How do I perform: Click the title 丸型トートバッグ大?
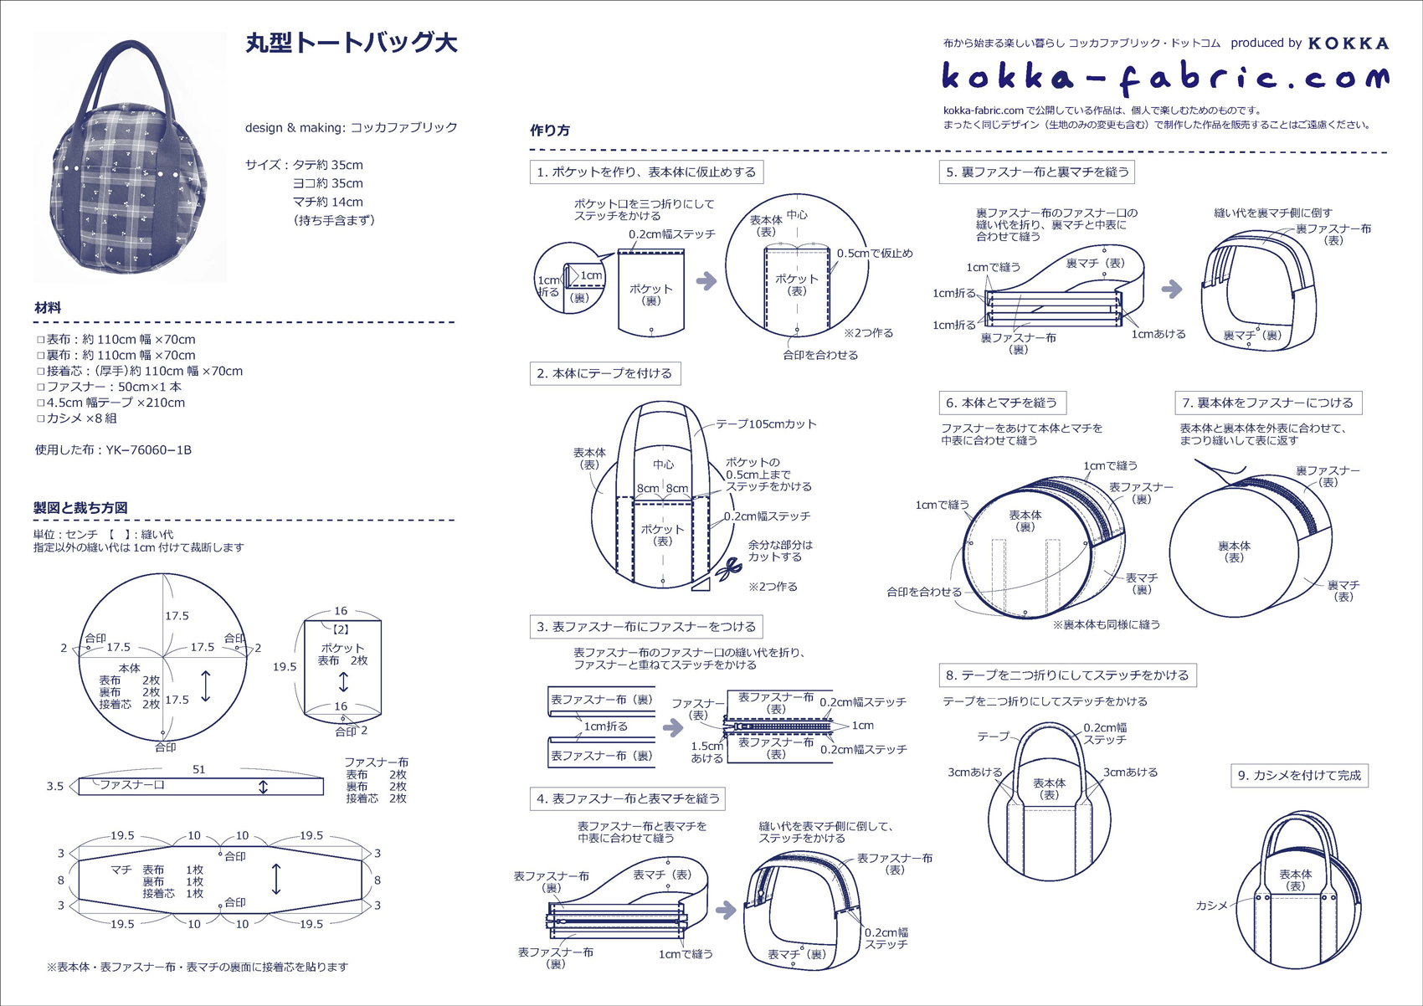click(352, 44)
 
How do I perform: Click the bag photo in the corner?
click(130, 157)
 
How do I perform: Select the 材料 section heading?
click(48, 308)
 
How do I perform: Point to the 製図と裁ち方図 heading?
click(80, 508)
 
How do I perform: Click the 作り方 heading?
click(550, 131)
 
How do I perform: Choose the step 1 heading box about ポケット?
click(646, 172)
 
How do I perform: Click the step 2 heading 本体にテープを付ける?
click(604, 373)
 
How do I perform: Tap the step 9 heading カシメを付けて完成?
click(1299, 775)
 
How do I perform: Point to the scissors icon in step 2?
click(727, 570)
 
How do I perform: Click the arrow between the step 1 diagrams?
click(706, 281)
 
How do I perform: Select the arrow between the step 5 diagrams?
click(1172, 290)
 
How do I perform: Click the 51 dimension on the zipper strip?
click(198, 769)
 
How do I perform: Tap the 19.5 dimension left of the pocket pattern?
click(285, 667)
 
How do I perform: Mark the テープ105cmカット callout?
click(766, 424)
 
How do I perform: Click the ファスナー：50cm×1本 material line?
click(109, 387)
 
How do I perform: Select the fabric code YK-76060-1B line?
click(113, 450)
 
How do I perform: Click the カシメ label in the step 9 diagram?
click(1211, 906)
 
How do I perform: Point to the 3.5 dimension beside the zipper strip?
click(55, 787)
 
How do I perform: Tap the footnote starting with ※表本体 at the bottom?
click(198, 967)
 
